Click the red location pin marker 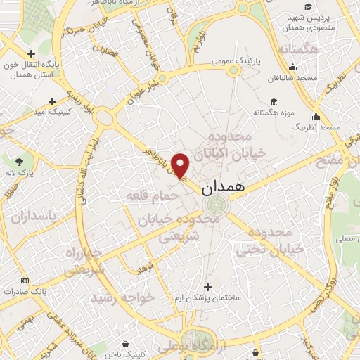(x=181, y=165)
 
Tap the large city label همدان (x=224, y=188)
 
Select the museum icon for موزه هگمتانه (x=274, y=102)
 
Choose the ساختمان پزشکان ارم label (x=207, y=298)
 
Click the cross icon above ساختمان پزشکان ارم (x=207, y=287)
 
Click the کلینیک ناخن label (x=126, y=355)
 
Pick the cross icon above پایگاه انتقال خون (x=32, y=54)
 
